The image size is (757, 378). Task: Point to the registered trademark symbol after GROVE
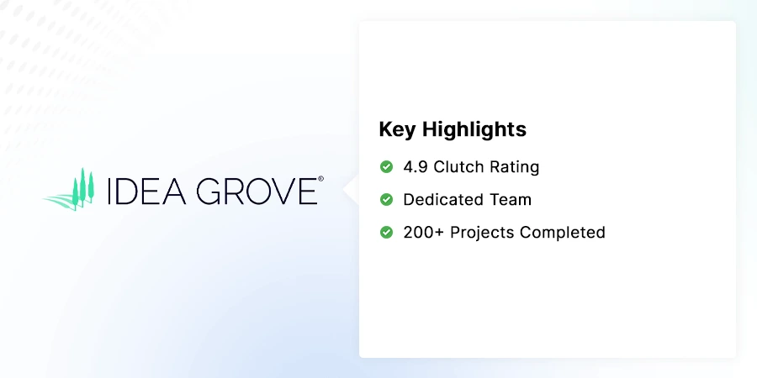(x=320, y=179)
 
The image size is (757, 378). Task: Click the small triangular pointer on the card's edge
(x=352, y=190)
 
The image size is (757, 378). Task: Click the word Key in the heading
(x=397, y=129)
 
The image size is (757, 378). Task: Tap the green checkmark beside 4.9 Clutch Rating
(x=386, y=167)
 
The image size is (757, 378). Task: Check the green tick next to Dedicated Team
(x=386, y=200)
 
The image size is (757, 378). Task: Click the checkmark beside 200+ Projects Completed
(x=386, y=233)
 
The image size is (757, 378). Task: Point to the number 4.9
(x=416, y=167)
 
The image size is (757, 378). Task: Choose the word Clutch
(x=460, y=167)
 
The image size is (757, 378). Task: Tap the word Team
(x=511, y=200)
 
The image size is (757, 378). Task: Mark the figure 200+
(x=424, y=233)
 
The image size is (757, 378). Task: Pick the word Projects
(x=482, y=233)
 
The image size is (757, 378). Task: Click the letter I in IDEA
(x=110, y=191)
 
